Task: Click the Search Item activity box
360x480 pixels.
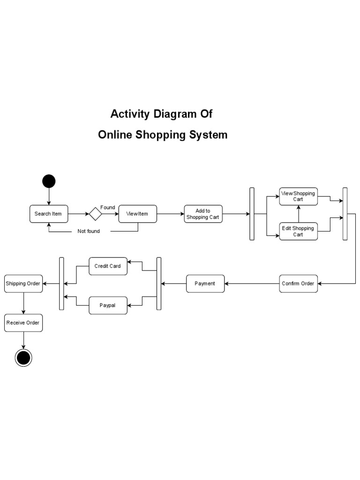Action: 48,214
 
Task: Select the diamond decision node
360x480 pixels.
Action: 95,214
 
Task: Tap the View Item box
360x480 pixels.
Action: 137,214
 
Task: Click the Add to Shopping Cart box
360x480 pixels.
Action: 203,214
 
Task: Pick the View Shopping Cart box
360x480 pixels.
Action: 298,196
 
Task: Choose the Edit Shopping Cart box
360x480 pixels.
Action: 298,231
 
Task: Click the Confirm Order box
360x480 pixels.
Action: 298,283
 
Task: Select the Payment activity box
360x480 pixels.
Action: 205,283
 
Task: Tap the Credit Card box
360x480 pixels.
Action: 108,266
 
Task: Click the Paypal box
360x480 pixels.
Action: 108,305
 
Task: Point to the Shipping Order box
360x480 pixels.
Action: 23,283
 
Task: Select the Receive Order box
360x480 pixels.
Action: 23,322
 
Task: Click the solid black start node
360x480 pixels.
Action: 48,181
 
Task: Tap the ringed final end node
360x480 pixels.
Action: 23,358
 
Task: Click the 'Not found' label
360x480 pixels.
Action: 89,231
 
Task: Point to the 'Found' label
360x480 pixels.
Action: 108,207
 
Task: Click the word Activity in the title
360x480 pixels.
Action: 129,114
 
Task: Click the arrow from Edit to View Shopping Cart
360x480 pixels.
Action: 298,214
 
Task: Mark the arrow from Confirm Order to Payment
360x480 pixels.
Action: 252,283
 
